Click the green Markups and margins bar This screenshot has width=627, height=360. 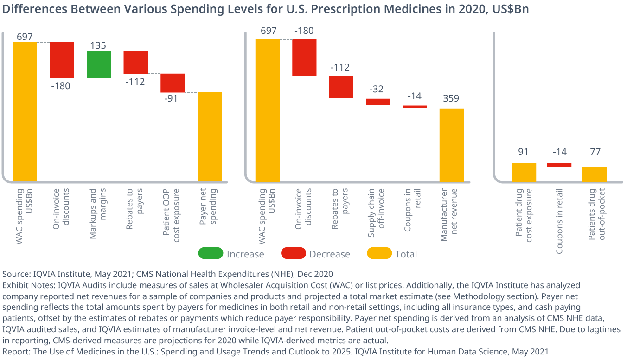pos(99,64)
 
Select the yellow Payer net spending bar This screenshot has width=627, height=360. pos(210,136)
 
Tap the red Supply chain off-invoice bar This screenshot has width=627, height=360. pos(378,102)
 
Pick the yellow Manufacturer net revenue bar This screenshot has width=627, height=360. pos(452,145)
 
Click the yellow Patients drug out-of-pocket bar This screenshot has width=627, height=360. pos(595,174)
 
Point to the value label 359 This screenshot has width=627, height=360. pos(451,98)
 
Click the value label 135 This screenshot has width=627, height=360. pos(98,45)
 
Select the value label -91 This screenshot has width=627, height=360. pos(173,98)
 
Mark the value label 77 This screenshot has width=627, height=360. pos(594,152)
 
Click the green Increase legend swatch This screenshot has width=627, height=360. pos(210,253)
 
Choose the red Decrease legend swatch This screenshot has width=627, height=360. pos(293,253)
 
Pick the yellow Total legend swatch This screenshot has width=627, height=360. pos(379,253)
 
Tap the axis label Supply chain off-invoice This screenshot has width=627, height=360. pos(377,212)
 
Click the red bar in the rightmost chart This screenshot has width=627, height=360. pos(559,165)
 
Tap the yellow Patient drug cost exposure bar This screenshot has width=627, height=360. pos(524,172)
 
